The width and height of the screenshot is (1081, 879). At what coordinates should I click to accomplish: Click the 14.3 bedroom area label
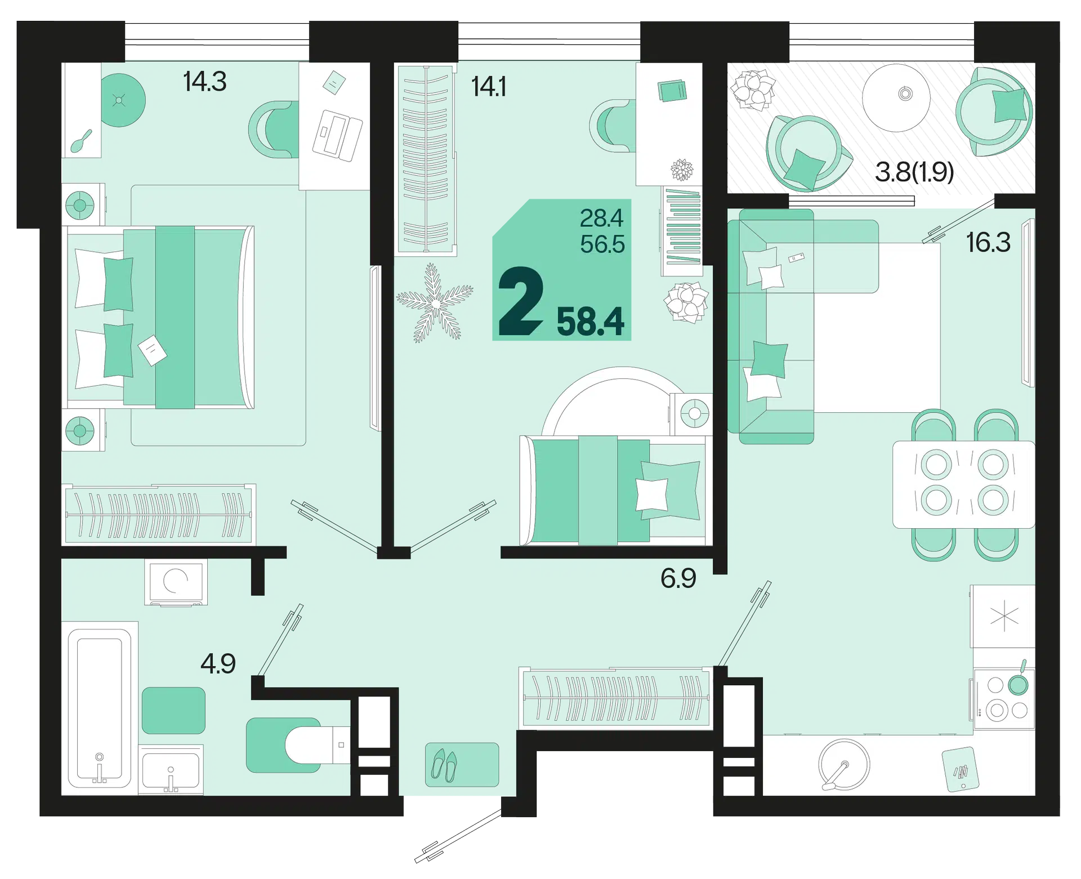(x=205, y=82)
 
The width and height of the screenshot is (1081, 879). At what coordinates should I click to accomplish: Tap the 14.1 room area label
(x=489, y=87)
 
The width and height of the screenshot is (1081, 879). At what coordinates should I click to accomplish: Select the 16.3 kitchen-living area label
(x=988, y=243)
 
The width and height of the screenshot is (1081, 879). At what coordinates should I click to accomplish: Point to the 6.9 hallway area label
(x=678, y=578)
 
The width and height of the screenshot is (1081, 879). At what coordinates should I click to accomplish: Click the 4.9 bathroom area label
(x=218, y=664)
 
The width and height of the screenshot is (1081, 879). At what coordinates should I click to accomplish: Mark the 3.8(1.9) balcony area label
(x=914, y=172)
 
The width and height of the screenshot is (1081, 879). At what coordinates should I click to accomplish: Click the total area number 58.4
(x=590, y=322)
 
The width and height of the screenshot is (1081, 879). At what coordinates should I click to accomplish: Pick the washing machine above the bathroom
(x=176, y=582)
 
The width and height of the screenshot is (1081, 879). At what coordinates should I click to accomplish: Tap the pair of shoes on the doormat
(x=444, y=765)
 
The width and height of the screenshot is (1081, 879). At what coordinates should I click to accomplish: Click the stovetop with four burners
(x=1004, y=699)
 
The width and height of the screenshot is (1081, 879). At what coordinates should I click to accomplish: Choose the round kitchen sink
(x=843, y=764)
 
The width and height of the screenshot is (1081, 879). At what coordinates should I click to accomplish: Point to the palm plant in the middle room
(x=435, y=303)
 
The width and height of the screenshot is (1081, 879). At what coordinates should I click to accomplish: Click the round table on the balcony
(x=896, y=97)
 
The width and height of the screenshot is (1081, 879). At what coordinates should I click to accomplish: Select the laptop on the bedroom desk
(x=337, y=135)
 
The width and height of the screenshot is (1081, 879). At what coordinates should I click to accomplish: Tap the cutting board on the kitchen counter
(x=961, y=769)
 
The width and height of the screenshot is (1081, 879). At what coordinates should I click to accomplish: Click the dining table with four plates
(x=963, y=484)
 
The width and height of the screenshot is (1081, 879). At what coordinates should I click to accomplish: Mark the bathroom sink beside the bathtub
(x=171, y=769)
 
